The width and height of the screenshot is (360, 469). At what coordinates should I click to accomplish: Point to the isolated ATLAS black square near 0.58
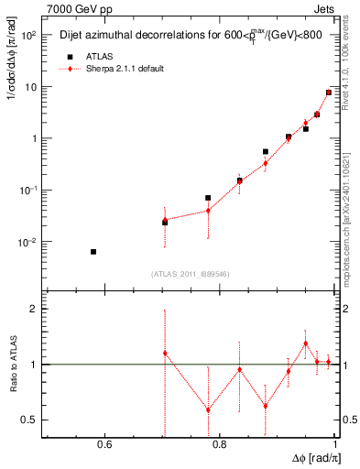coord(93,251)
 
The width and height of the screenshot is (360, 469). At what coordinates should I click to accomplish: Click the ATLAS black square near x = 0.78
coord(208,198)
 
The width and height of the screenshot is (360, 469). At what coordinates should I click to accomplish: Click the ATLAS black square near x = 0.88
coord(266,151)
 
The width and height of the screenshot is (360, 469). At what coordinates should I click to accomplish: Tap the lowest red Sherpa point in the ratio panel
coord(208,409)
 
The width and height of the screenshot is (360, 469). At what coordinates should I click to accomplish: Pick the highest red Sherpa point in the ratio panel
coord(305,344)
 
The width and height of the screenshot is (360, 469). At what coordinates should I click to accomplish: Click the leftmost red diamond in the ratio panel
coord(165,353)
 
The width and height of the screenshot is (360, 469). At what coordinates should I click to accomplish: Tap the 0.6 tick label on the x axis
coord(104,445)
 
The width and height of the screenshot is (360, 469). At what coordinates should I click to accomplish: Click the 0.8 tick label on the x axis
coord(219,445)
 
